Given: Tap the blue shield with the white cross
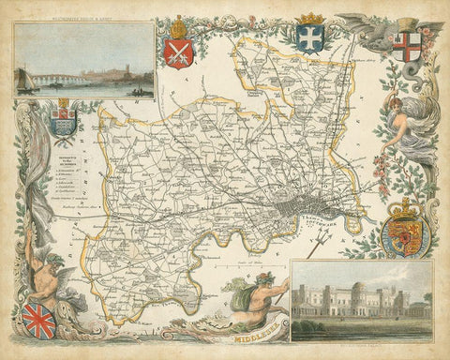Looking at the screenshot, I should [x=308, y=38].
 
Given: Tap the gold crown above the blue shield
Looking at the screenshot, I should [x=308, y=21].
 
